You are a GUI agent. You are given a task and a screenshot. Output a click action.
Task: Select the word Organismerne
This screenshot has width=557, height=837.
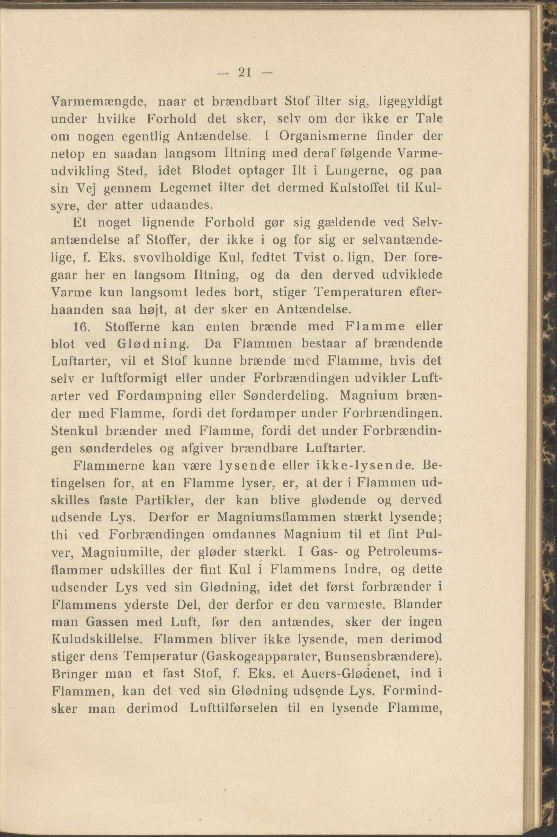[x=313, y=136]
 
